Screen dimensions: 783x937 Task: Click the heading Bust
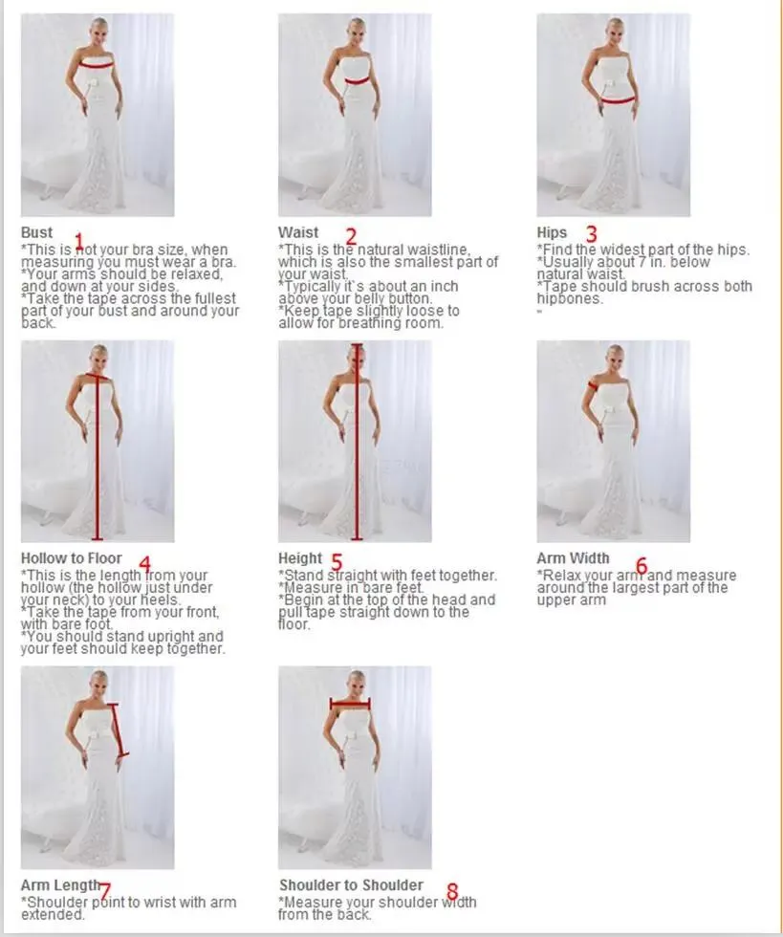[36, 232]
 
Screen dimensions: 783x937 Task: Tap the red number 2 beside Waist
[351, 236]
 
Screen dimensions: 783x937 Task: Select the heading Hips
[552, 232]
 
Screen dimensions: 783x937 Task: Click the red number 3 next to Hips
[591, 233]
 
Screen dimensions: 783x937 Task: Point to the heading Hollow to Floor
[71, 558]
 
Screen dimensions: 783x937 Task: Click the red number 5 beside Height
[337, 562]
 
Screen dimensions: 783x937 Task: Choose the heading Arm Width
[574, 558]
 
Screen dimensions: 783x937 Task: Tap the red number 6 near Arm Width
[642, 565]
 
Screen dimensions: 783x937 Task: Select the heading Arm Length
[60, 885]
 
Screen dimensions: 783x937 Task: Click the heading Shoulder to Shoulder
[351, 885]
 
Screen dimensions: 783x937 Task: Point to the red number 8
[452, 891]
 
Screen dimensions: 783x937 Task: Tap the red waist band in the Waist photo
[357, 80]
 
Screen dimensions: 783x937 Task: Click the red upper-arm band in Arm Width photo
[593, 384]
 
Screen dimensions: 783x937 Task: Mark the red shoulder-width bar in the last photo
[350, 705]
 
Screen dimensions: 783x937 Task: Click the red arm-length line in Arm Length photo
[120, 730]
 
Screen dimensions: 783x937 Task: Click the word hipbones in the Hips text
[570, 298]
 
